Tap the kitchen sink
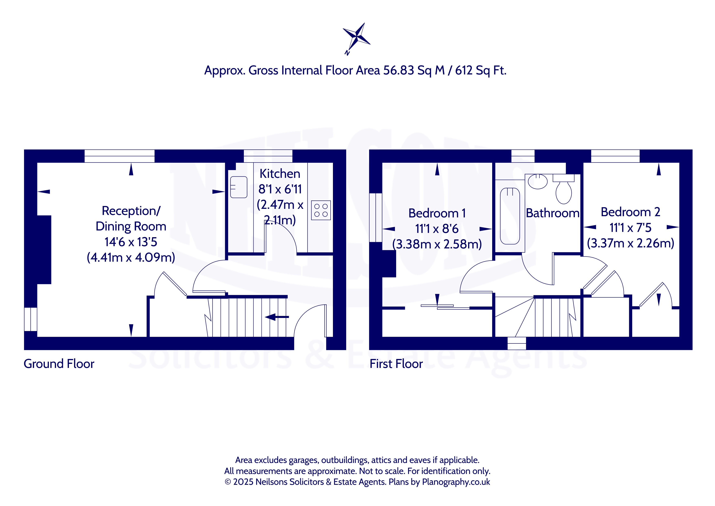[239, 187]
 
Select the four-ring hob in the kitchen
[321, 210]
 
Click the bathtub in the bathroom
[510, 216]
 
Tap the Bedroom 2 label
[630, 212]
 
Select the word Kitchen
[280, 174]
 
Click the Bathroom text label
[553, 213]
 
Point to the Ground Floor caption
[59, 364]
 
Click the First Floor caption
[396, 364]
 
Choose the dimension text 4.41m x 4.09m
[131, 258]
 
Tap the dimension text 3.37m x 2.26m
[631, 243]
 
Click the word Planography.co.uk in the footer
[456, 482]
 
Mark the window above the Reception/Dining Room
[120, 156]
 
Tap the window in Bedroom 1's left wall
[376, 217]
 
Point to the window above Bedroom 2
[615, 156]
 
